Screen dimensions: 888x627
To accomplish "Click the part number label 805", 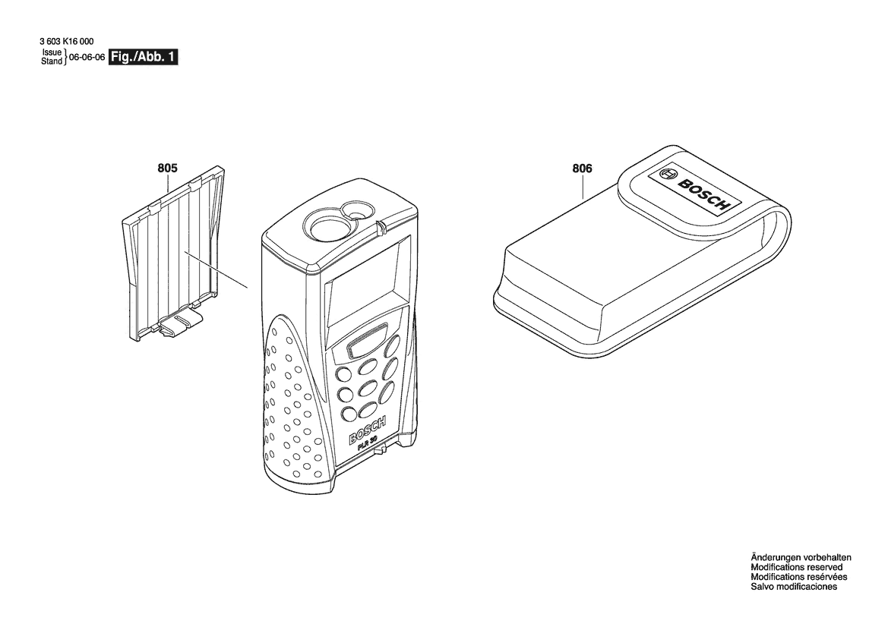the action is pos(167,168).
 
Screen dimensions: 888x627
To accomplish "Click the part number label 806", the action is pos(582,168).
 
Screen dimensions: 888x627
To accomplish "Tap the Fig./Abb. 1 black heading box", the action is pos(144,57).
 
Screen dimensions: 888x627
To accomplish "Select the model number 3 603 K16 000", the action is pos(68,41).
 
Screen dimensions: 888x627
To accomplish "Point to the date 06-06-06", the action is pos(87,57).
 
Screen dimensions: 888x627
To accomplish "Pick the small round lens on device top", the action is pos(358,210).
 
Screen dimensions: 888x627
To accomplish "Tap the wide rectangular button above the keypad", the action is pos(368,341).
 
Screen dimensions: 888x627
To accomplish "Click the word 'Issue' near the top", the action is pos(52,52).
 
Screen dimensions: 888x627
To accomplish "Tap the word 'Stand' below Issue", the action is pos(52,61).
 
